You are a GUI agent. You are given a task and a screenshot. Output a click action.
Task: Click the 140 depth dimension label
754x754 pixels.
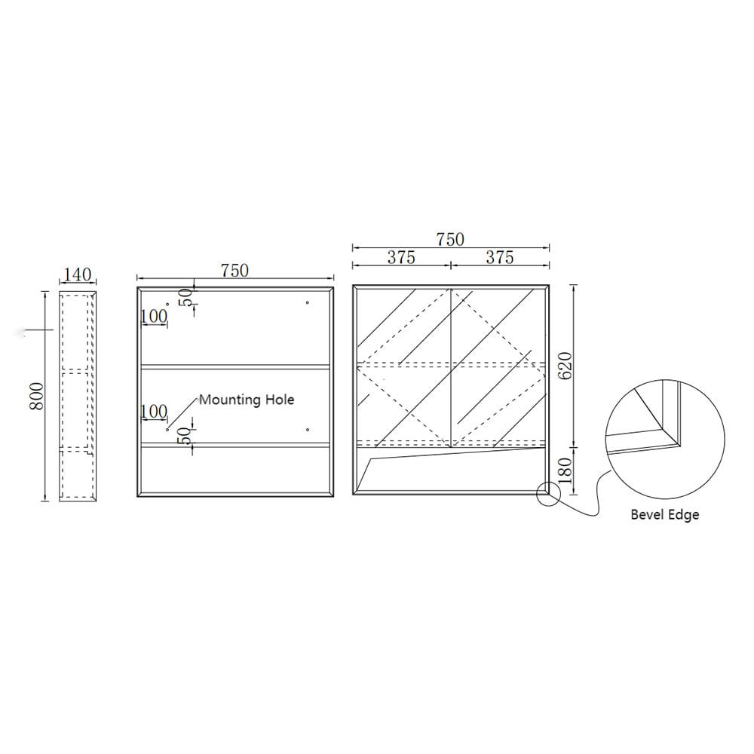point(78,274)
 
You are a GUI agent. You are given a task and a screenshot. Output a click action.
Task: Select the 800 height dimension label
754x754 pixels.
point(37,397)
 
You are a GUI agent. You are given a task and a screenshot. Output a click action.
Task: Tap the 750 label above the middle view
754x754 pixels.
point(235,270)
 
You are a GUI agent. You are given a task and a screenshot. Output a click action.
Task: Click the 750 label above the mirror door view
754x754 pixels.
point(450,239)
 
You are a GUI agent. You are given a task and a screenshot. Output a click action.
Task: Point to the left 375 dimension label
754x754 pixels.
point(402,257)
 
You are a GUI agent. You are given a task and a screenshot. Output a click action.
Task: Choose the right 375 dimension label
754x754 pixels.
point(500,257)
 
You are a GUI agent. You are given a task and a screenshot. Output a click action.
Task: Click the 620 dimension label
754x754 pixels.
point(565,366)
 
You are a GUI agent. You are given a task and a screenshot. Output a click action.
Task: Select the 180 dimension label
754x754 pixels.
point(565,470)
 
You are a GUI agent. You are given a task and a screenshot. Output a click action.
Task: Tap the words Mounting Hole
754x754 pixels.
point(247,400)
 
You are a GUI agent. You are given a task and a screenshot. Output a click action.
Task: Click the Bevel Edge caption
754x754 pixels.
point(664,514)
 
